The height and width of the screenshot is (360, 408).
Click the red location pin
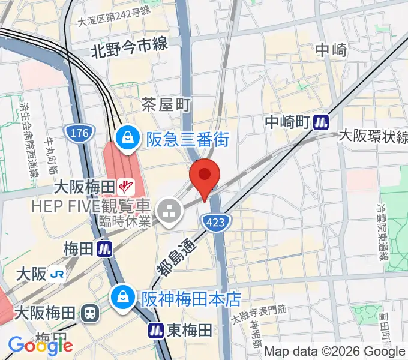coord(205,175)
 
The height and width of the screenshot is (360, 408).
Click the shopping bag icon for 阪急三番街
coord(128,139)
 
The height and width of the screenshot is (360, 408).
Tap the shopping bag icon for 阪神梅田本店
coord(122,297)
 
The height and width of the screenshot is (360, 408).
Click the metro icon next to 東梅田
coord(157,329)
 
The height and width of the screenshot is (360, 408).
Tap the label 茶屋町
coord(166,106)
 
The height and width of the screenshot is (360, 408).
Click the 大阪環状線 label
coord(373,136)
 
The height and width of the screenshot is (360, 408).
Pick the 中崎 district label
coord(331,50)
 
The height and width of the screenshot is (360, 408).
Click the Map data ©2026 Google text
coord(334,352)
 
